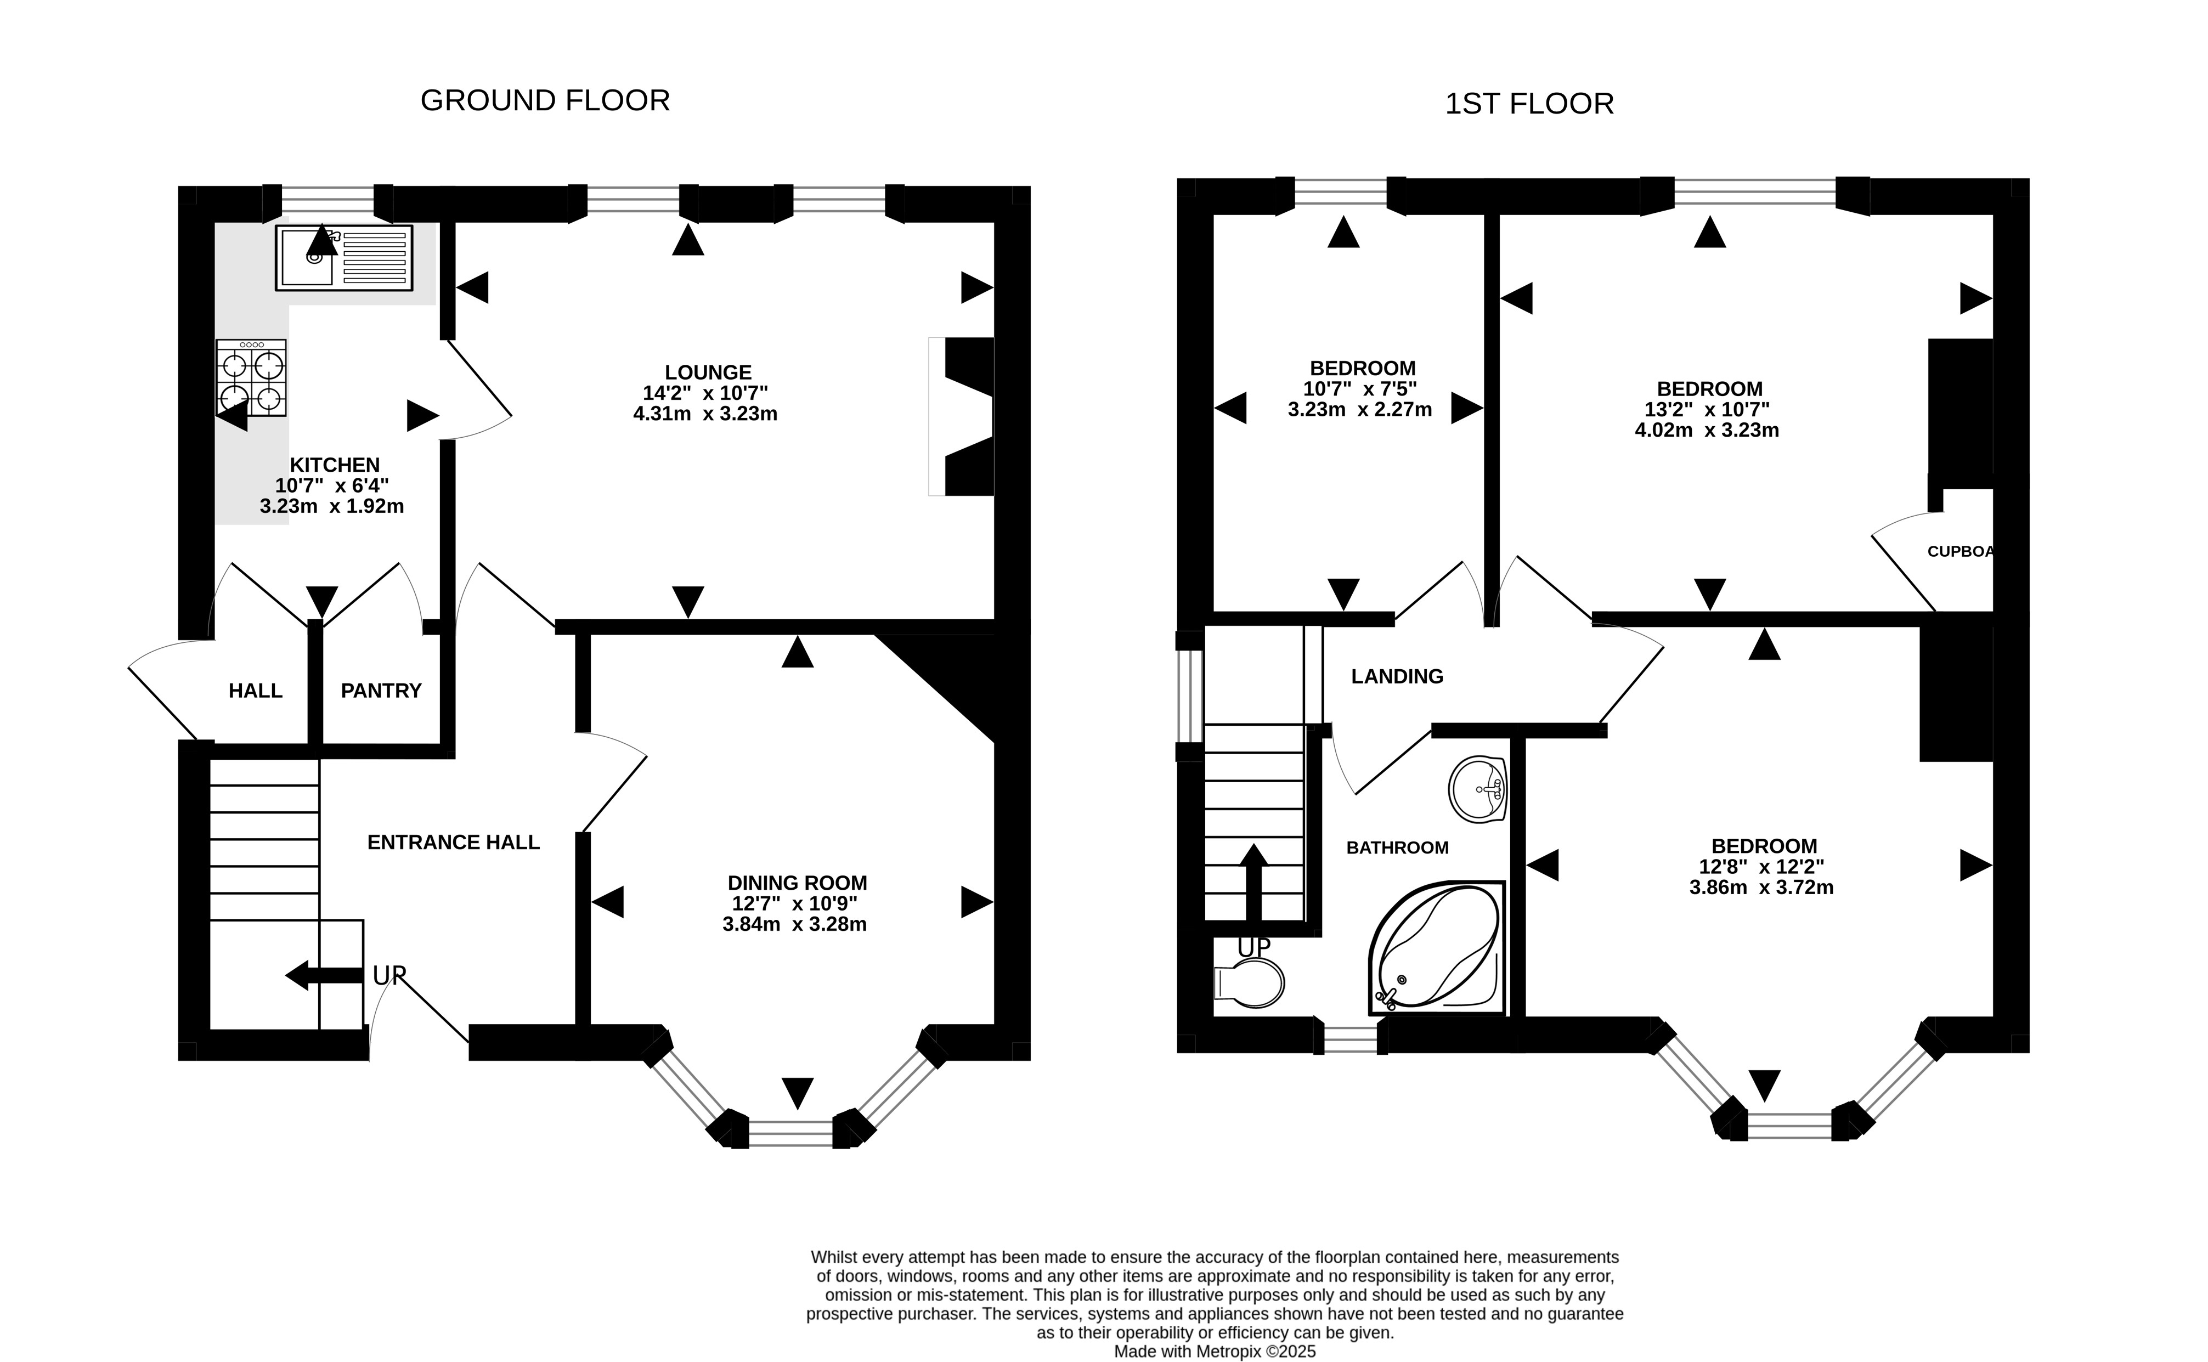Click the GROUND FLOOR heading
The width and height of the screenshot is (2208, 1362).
pos(545,100)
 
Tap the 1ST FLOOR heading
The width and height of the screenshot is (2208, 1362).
pos(1529,104)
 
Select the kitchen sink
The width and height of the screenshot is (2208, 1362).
pos(343,258)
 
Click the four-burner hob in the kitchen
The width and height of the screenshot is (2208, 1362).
pos(251,377)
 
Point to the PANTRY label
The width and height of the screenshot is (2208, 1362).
pos(381,691)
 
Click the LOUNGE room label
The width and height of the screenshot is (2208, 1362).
pos(708,372)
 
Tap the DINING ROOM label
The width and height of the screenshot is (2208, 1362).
pos(797,883)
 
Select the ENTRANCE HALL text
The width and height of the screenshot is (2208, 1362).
pos(453,842)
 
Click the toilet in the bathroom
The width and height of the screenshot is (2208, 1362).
pos(1249,983)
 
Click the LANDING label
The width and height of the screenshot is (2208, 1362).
pos(1397,676)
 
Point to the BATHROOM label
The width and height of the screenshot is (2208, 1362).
pos(1397,847)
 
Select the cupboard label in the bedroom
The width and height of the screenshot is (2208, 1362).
pos(1959,551)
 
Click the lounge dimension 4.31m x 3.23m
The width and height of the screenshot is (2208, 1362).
pos(705,414)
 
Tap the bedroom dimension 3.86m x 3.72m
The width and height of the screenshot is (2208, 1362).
pos(1761,888)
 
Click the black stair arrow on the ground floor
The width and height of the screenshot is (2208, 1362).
pos(324,975)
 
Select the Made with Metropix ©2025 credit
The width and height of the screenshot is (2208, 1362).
pos(1215,1351)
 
